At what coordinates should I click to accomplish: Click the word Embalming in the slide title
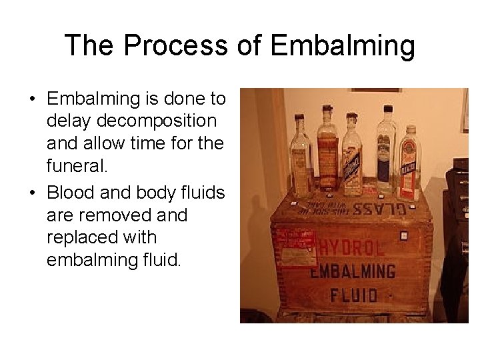click(343, 46)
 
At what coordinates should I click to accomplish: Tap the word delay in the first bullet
click(69, 121)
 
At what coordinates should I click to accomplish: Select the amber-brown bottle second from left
click(327, 150)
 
